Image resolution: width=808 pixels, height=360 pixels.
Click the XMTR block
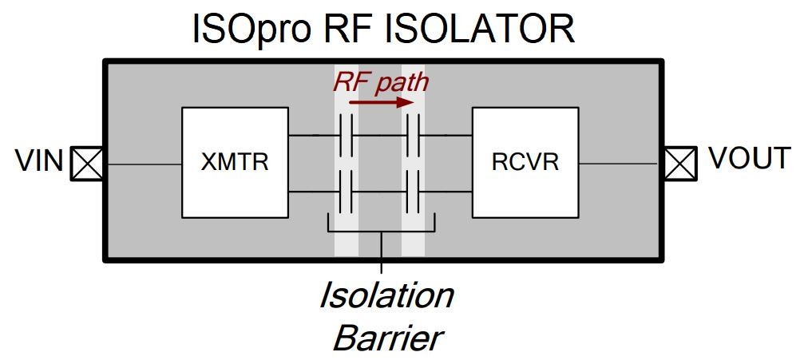coord(235,163)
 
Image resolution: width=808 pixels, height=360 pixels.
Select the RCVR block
coord(525,163)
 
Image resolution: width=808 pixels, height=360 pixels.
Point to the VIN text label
coord(39,161)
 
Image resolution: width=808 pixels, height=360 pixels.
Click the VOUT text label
coord(750,159)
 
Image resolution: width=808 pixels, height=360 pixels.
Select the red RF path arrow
coord(381,102)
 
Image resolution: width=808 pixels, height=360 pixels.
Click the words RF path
coord(381,81)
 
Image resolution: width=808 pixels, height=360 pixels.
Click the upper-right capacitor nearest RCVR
coord(413,135)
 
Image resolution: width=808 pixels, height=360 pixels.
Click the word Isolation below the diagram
coord(386,295)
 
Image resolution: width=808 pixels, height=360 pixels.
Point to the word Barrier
coord(386,338)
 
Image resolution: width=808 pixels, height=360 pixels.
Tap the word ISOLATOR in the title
coord(479,30)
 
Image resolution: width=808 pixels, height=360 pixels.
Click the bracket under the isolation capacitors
coord(382,231)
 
